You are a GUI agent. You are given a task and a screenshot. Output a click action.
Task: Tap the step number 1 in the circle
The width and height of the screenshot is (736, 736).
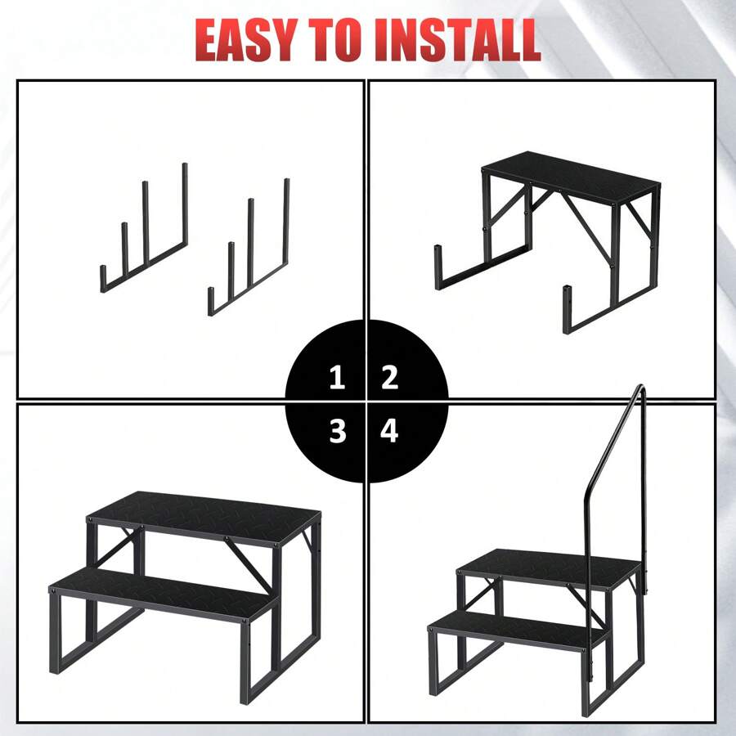(x=337, y=378)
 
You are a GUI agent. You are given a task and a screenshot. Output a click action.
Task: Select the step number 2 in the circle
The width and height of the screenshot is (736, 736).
(x=389, y=378)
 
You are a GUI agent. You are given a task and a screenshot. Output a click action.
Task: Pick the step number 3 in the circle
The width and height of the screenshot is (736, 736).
(x=337, y=430)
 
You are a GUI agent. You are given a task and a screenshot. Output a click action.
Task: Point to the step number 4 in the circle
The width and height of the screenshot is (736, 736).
(x=389, y=430)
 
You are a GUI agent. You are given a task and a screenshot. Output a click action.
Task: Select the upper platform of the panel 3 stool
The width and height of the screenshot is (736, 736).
(x=204, y=515)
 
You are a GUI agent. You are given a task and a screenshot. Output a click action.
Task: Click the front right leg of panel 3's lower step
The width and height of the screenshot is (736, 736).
(x=246, y=662)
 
